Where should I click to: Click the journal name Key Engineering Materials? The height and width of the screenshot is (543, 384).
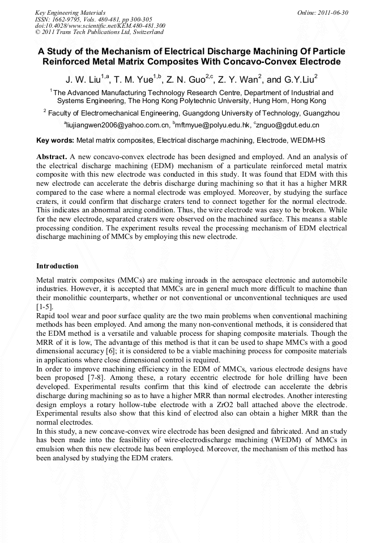click(x=70, y=12)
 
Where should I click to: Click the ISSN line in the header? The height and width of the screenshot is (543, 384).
click(x=84, y=19)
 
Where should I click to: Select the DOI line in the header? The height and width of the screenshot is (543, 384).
click(x=100, y=25)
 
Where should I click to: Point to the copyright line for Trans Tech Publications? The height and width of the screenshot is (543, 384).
click(x=99, y=32)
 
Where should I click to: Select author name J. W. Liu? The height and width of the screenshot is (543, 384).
click(x=84, y=79)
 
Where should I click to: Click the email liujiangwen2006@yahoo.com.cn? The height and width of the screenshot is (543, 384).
click(x=118, y=125)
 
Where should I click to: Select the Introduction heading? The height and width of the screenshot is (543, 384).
click(x=57, y=266)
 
